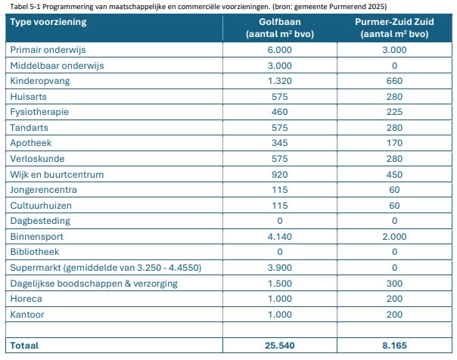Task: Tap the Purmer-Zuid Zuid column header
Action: click(x=394, y=27)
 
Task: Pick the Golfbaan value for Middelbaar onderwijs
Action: click(x=279, y=66)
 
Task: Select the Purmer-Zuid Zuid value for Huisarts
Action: click(x=394, y=97)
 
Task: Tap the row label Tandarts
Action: click(x=29, y=128)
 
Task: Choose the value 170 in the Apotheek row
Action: click(x=394, y=143)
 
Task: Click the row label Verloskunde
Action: click(x=36, y=159)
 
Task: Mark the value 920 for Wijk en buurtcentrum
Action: click(x=279, y=174)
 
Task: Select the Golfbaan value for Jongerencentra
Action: click(x=279, y=190)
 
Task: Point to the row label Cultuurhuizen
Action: click(x=39, y=205)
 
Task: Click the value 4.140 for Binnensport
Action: click(x=279, y=236)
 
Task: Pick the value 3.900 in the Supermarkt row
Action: click(x=279, y=267)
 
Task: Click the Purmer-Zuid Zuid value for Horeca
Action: click(x=394, y=298)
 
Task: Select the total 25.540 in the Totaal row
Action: click(x=279, y=346)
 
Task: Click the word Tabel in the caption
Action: click(x=15, y=5)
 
